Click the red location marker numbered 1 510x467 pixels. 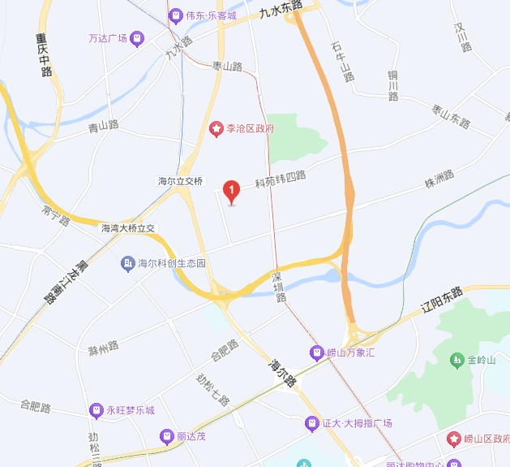coord(232,191)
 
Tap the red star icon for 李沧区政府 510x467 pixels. coord(216,128)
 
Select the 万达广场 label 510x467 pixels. coord(109,38)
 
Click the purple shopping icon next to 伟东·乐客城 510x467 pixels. coord(174,15)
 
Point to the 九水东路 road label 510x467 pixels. coord(281,9)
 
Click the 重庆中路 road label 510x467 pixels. coord(43,54)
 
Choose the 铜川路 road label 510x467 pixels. coord(392,85)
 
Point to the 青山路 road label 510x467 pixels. coord(103,126)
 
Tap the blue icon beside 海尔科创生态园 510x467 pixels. coord(127,263)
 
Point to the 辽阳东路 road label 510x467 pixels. coord(441,301)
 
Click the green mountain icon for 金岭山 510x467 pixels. coord(458,359)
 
